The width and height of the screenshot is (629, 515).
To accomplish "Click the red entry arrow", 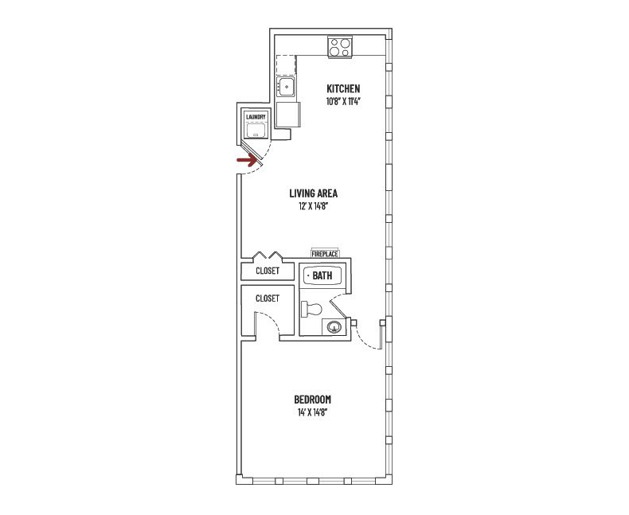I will [247, 160].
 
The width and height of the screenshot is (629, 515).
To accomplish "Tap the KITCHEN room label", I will [343, 88].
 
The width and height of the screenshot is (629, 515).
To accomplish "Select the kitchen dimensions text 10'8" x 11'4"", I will [343, 101].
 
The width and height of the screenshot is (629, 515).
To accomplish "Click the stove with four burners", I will [341, 47].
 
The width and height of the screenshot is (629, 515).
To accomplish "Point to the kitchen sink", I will [286, 86].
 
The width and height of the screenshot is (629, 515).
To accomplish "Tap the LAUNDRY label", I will [256, 117].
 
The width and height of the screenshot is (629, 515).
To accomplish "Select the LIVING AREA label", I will [313, 193].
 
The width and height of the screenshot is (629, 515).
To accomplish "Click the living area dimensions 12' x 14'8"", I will [313, 206].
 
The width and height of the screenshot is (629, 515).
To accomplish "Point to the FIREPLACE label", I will [325, 253].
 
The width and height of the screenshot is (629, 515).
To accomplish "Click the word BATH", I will [322, 276].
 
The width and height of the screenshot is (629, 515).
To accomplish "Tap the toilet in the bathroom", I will [311, 309].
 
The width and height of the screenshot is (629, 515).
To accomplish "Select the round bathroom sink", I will [335, 326].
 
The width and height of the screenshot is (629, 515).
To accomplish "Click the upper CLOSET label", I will [267, 271].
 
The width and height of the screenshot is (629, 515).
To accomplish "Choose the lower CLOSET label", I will [267, 298].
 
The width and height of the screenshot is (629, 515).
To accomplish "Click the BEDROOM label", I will [312, 400].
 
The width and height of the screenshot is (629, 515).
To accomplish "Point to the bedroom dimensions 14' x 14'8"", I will [312, 412].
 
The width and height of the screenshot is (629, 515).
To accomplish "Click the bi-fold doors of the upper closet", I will [267, 256].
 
